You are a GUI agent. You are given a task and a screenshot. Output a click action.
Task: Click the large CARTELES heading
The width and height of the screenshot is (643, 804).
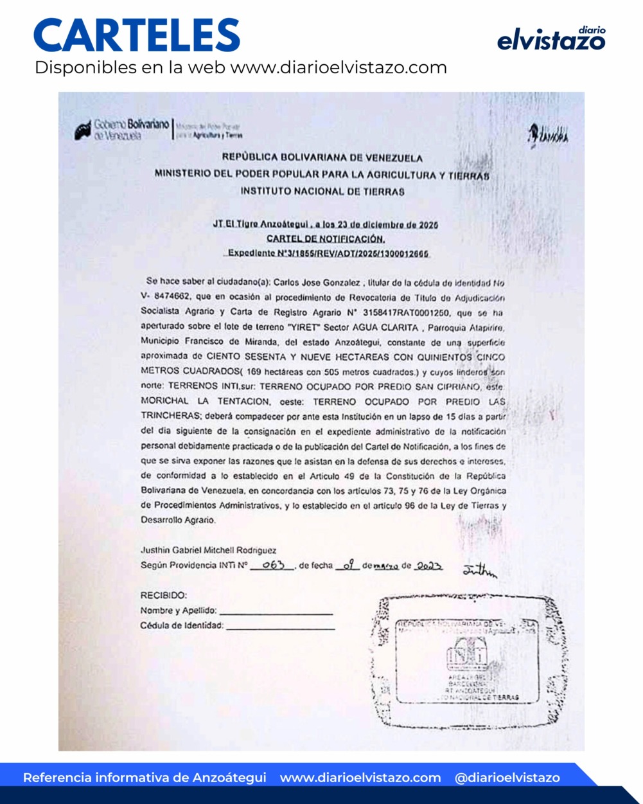pos(137,35)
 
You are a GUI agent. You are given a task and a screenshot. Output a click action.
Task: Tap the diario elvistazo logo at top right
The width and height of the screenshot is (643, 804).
pos(551,39)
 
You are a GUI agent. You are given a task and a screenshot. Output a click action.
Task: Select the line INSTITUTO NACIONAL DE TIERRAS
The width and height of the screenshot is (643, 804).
pos(322,192)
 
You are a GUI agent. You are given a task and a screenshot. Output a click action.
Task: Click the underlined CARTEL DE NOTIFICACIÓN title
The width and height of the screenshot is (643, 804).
pos(326,239)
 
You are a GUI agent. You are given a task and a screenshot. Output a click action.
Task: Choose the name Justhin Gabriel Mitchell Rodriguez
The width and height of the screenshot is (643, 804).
pos(209,550)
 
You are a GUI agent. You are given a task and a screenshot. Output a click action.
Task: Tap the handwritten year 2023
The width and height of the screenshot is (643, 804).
pos(428,566)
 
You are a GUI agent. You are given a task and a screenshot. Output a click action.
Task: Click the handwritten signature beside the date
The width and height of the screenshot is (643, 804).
pos(480,570)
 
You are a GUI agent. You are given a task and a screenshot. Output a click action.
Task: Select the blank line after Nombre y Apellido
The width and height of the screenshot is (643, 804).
pos(276,612)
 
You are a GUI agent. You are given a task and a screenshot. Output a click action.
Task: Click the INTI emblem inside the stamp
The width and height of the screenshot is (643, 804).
pos(467,656)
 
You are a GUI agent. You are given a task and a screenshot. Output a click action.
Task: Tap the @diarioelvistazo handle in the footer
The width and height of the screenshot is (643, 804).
pos(507,778)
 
